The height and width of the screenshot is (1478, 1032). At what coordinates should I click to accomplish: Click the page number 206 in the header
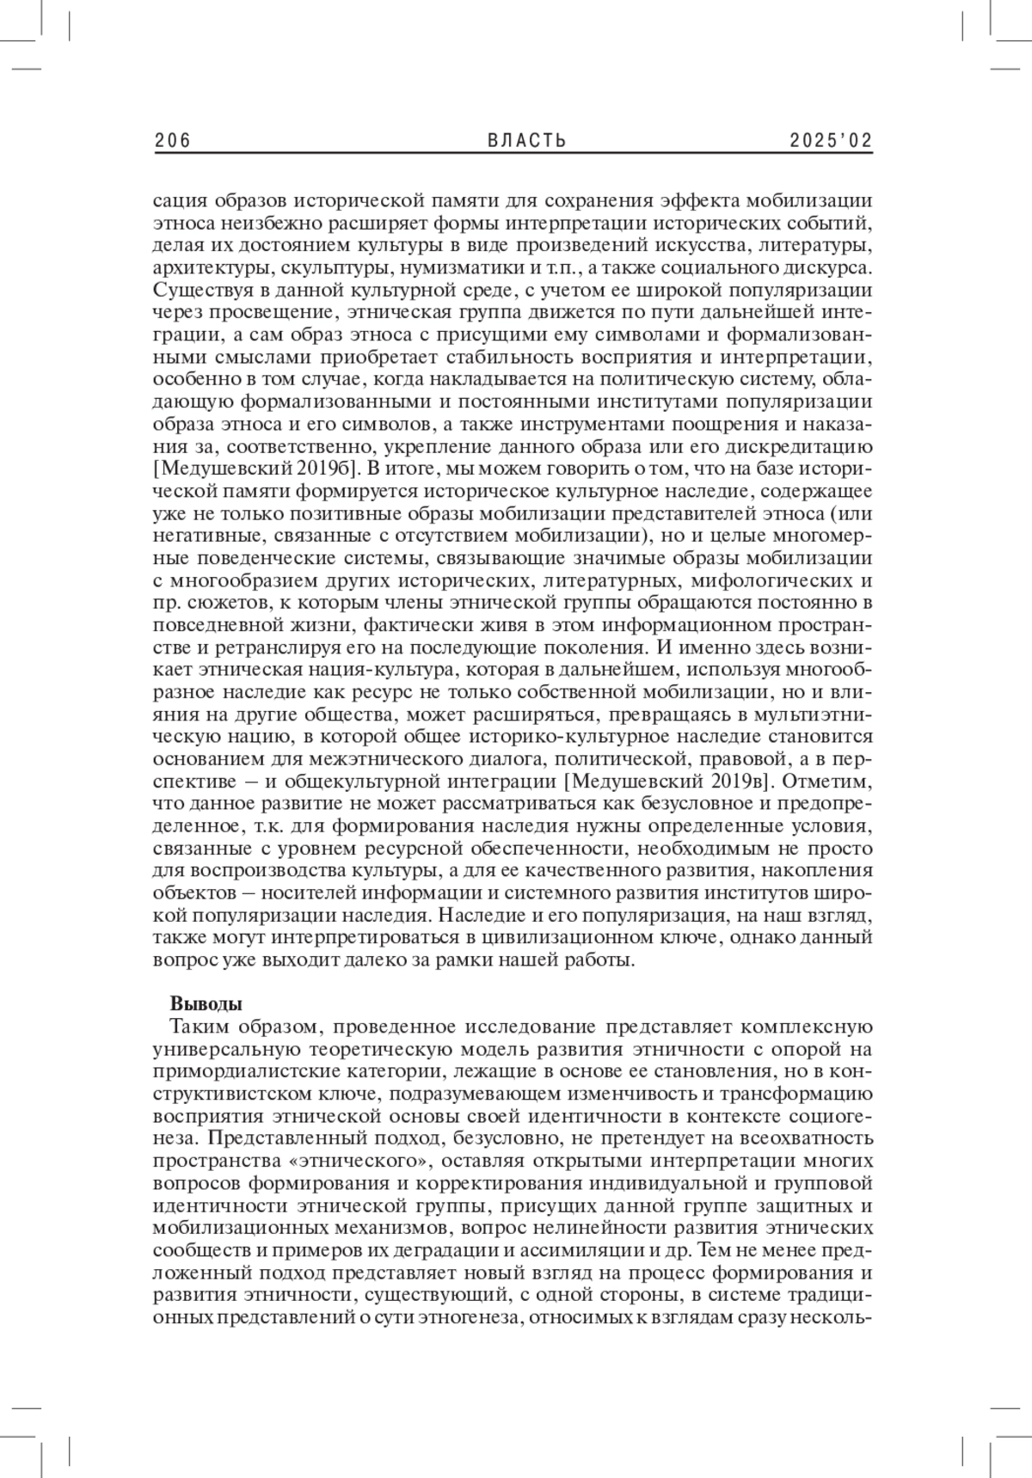point(172,141)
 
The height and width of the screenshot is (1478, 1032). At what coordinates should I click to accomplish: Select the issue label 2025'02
point(832,141)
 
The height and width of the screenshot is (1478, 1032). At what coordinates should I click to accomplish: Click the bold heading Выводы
point(206,1004)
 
